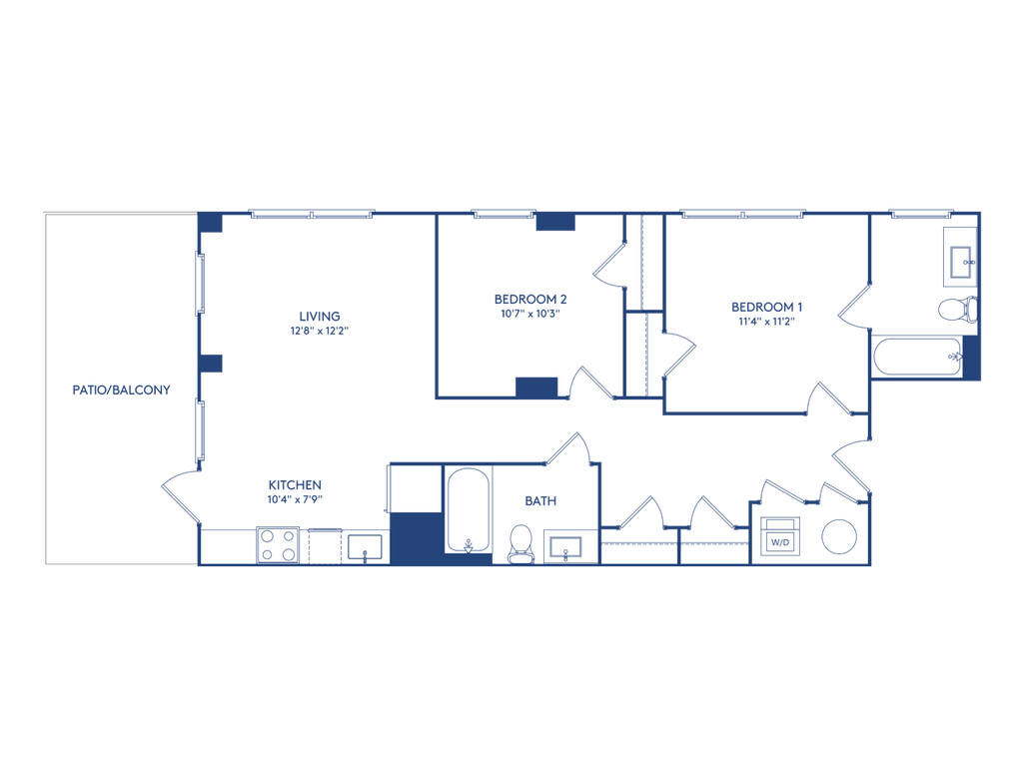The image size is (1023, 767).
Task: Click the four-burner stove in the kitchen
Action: click(279, 545)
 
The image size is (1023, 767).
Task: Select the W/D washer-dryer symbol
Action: click(779, 536)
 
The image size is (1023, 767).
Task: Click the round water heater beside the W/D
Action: click(839, 536)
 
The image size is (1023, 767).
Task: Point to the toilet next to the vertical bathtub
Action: click(520, 543)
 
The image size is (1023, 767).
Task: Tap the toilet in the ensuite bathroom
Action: click(958, 309)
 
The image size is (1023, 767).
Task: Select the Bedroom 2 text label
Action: click(530, 305)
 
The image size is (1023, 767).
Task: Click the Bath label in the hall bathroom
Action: click(540, 499)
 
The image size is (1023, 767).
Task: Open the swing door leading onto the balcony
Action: click(180, 495)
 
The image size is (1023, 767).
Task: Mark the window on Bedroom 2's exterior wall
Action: click(503, 213)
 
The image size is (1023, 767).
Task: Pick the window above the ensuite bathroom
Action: click(921, 213)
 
